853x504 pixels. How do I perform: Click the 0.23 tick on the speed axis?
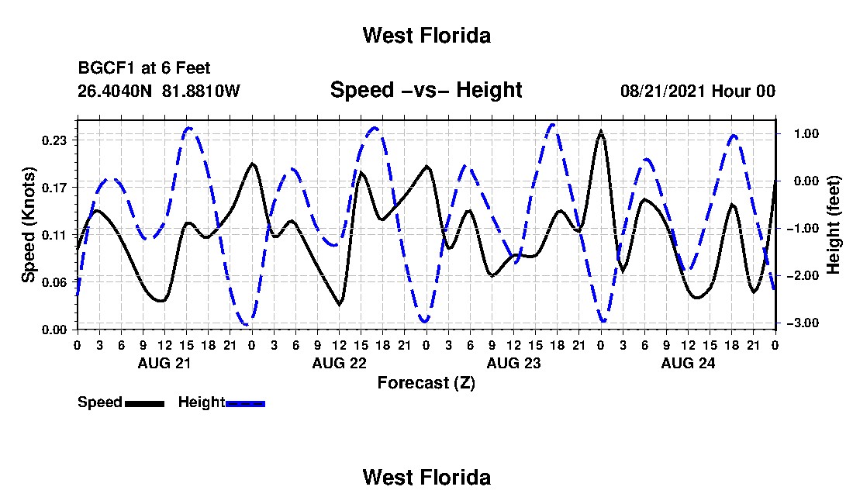coord(56,140)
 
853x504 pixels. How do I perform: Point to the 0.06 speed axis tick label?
coord(56,282)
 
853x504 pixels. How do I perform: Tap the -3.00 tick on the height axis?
coord(803,323)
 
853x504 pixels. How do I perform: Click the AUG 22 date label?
coord(340,363)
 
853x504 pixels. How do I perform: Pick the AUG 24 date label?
coord(688,363)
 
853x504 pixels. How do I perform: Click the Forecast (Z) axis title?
coord(427,383)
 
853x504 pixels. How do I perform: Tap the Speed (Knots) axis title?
coord(29,225)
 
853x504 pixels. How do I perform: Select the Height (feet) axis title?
coord(833,225)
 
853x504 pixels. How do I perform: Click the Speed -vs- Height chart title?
coord(426,90)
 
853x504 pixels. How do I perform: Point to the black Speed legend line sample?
coord(145,403)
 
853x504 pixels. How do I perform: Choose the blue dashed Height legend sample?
coord(245,403)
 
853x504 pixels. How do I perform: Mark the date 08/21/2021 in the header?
coord(661,91)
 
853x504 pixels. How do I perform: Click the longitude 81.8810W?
coord(201,91)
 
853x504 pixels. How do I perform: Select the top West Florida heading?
coord(427,36)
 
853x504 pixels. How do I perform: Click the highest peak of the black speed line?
coord(600,131)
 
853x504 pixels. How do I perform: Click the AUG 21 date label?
coord(164,363)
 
